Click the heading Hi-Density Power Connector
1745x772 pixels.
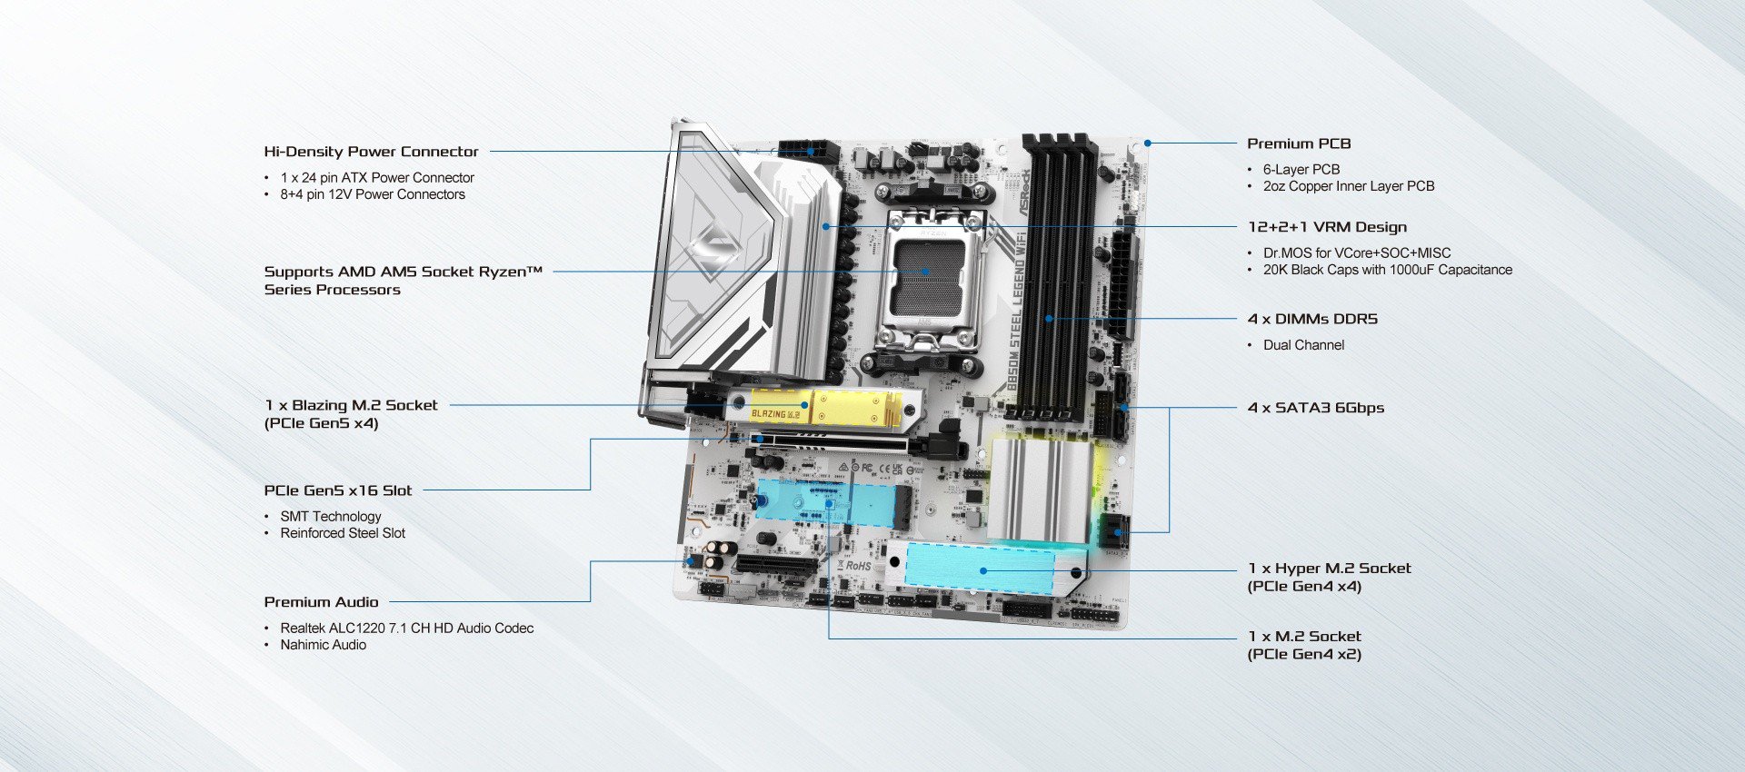coord(371,152)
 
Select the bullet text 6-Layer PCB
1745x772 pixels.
coord(1301,170)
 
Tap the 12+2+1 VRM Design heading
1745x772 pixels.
coord(1327,227)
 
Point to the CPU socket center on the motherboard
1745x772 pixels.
coord(925,271)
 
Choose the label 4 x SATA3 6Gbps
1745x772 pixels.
coord(1315,408)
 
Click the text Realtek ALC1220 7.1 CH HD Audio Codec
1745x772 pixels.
coord(406,628)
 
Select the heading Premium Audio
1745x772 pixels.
coord(321,602)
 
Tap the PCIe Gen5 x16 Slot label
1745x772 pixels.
coord(337,490)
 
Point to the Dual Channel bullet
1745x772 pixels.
coord(1303,345)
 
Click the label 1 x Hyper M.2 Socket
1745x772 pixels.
coord(1329,569)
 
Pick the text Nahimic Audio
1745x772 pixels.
coord(323,645)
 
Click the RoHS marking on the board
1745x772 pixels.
coord(858,566)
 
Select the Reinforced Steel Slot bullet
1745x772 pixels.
coord(343,533)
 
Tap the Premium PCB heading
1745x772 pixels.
coord(1299,144)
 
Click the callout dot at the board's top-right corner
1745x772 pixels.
coord(1148,143)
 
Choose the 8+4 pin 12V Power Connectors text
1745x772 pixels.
coord(372,194)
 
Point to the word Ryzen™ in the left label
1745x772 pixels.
coord(521,272)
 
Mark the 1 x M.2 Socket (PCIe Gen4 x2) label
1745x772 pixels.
coord(1304,645)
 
